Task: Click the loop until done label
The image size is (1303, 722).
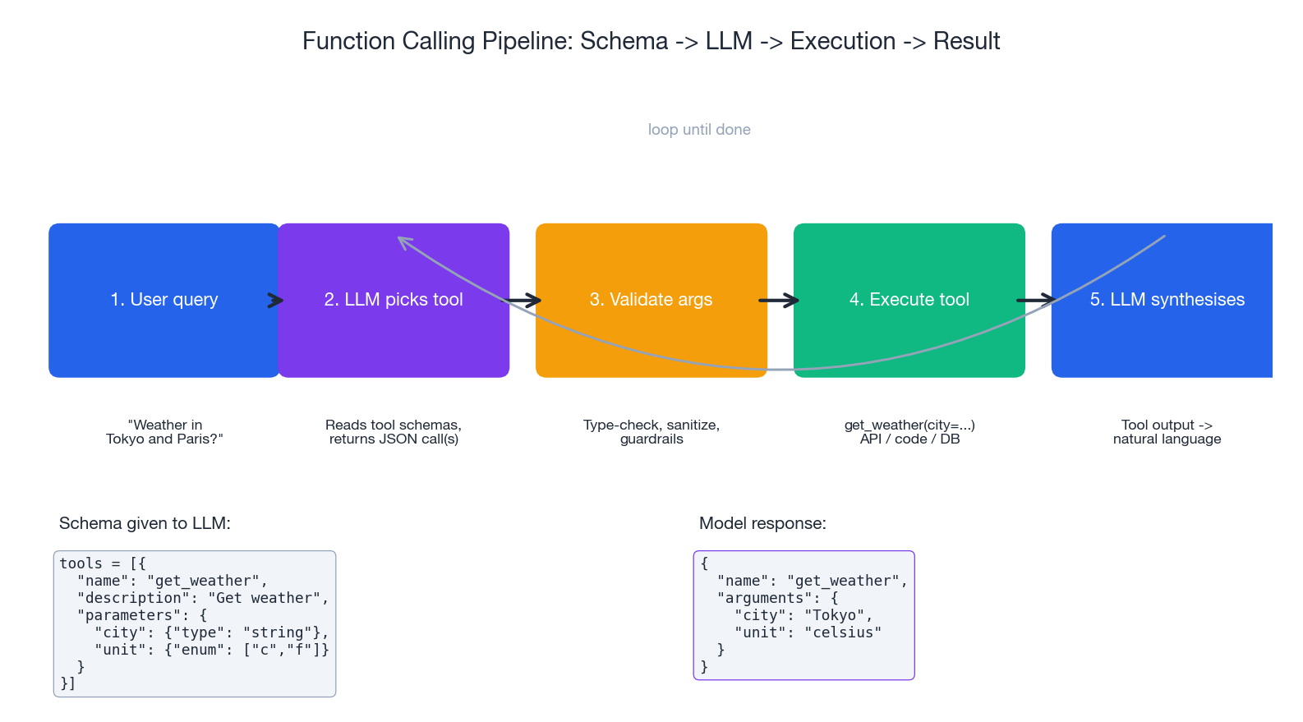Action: click(x=699, y=130)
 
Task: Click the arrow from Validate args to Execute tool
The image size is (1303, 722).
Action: click(x=778, y=301)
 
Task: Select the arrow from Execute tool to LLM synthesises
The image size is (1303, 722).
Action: click(x=1036, y=301)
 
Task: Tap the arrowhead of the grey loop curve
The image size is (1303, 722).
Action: click(x=402, y=240)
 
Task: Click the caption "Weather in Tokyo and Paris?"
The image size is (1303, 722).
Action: click(x=164, y=432)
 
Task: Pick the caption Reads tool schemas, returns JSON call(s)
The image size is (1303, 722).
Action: click(x=394, y=432)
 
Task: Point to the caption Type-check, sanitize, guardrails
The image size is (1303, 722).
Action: click(x=651, y=432)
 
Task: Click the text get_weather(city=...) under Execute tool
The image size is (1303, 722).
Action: click(x=909, y=425)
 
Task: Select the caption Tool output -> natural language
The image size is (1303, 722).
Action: click(x=1167, y=432)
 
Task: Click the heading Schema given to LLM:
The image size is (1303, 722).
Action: click(x=145, y=523)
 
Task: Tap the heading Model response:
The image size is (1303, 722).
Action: click(x=762, y=523)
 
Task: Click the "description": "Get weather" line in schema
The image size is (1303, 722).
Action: click(x=203, y=598)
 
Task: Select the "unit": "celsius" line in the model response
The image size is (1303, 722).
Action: click(x=808, y=632)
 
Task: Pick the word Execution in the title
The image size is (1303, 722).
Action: click(x=843, y=41)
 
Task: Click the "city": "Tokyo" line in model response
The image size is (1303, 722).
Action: click(x=803, y=615)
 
